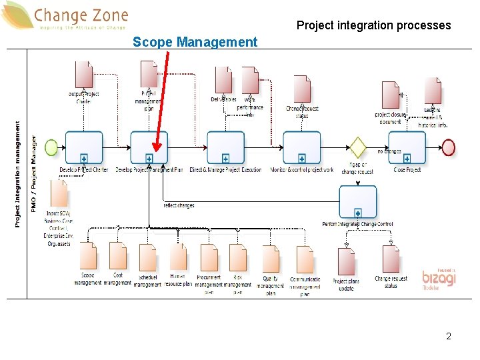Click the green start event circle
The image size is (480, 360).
(x=50, y=146)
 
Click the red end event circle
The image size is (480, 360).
(x=448, y=146)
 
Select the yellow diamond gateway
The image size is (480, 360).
(x=359, y=146)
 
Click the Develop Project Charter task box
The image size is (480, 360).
(x=84, y=147)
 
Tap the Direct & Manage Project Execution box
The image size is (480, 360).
(x=225, y=147)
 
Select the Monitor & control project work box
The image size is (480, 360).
(x=302, y=147)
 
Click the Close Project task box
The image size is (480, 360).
(x=407, y=147)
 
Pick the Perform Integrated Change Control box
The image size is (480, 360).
(x=358, y=202)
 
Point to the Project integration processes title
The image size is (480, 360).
(x=373, y=26)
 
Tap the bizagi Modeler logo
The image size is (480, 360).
(x=439, y=279)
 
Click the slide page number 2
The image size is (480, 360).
(x=449, y=337)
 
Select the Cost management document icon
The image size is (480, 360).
(x=118, y=256)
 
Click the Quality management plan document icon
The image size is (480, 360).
(x=271, y=259)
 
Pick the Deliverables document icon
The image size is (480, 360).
(x=223, y=80)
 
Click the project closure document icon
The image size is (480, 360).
(x=390, y=95)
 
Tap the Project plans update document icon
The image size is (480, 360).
(x=346, y=262)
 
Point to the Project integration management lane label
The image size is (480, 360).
(x=17, y=173)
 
